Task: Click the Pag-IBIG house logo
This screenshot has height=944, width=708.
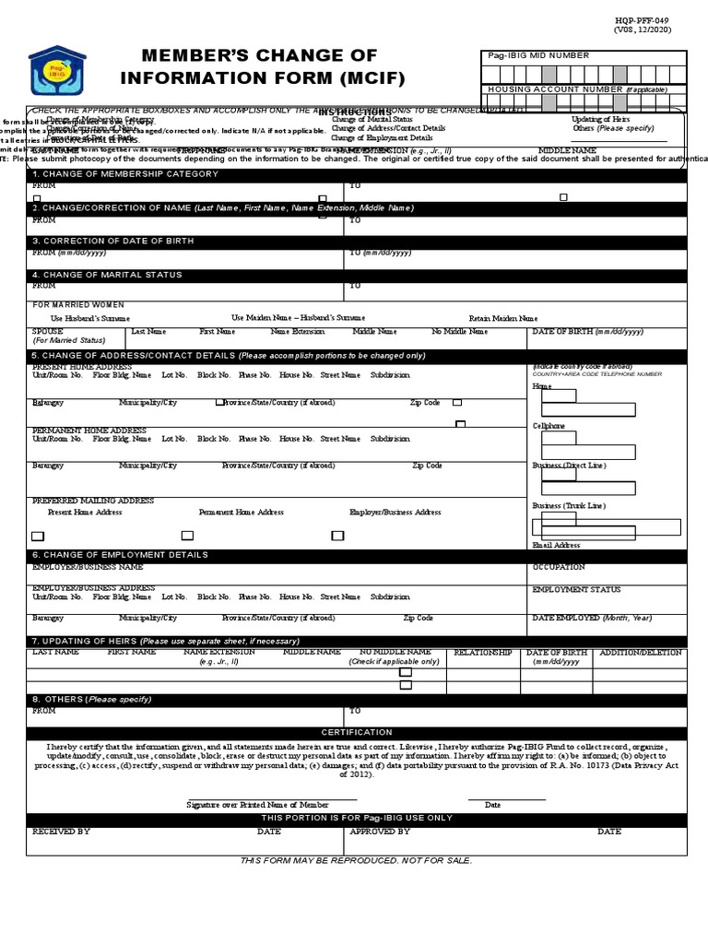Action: point(58,71)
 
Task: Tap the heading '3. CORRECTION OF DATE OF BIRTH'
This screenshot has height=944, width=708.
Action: point(113,242)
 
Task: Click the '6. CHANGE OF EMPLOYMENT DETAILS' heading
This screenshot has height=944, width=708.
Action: point(120,555)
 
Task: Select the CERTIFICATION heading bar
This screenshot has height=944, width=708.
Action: point(356,732)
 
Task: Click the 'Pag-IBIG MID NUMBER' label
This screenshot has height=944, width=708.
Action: point(538,56)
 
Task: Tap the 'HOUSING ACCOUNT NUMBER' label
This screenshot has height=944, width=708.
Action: point(556,89)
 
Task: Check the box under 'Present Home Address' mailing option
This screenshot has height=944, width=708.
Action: point(38,536)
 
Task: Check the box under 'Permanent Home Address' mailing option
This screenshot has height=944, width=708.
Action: point(187,536)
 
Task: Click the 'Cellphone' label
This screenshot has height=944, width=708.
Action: point(549,426)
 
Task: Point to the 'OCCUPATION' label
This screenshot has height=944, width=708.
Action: point(559,567)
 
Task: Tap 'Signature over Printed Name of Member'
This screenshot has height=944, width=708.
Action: point(257,805)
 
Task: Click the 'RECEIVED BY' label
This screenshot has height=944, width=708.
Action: point(61,832)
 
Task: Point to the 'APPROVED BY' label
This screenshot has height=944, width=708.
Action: point(380,832)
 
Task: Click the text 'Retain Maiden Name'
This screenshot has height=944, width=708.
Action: point(503,318)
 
